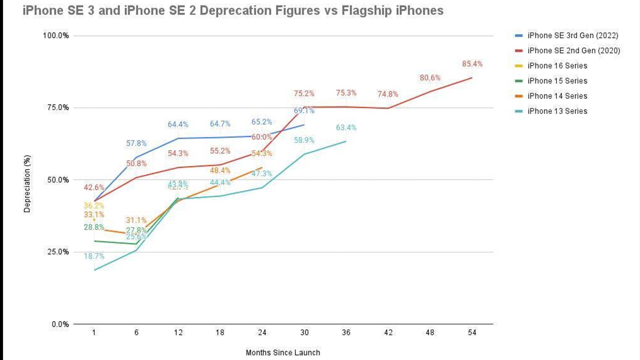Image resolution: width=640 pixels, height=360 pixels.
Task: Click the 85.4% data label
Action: click(472, 64)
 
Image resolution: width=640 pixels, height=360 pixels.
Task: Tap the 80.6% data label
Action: click(430, 78)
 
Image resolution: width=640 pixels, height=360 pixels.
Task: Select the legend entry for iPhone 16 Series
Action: click(557, 66)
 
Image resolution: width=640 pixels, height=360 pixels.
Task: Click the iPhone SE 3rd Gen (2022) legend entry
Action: click(572, 35)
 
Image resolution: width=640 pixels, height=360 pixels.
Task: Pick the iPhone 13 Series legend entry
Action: click(557, 111)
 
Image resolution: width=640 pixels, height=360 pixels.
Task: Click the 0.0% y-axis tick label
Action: click(60, 324)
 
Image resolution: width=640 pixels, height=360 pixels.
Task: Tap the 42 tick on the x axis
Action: click(388, 332)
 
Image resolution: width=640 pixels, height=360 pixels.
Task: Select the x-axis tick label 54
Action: click(472, 332)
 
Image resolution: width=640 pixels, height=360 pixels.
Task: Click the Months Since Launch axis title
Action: click(283, 352)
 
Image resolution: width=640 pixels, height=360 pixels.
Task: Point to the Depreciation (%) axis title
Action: click(27, 184)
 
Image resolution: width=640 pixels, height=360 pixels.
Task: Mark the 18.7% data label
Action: click(94, 256)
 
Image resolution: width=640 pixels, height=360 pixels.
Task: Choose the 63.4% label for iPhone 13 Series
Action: click(346, 127)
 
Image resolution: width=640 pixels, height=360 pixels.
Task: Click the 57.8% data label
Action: click(136, 143)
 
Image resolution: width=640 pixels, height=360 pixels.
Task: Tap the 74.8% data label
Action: click(388, 94)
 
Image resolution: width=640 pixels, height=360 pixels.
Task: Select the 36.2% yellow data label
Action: click(94, 206)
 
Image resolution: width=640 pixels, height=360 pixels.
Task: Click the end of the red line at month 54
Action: click(472, 78)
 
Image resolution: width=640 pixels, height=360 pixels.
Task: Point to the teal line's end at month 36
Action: click(346, 141)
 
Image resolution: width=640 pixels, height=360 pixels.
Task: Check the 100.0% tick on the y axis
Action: click(56, 35)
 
